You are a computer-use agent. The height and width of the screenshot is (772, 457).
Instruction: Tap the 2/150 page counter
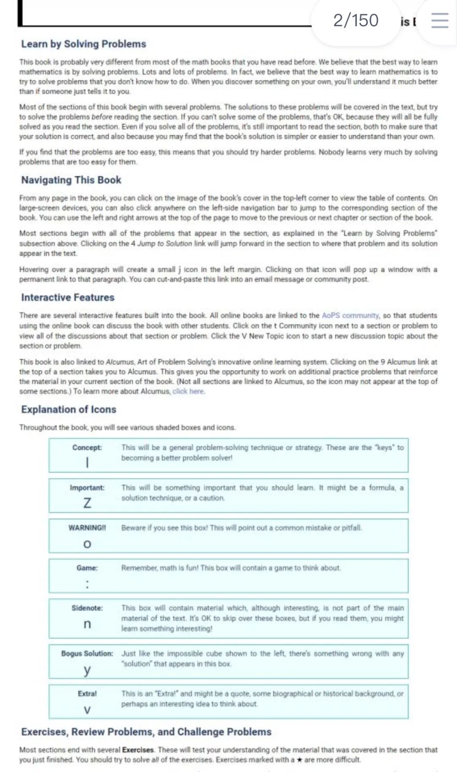click(355, 20)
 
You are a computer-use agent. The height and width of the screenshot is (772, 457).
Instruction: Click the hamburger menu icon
click(440, 20)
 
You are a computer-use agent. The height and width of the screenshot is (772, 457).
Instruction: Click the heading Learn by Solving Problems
click(83, 44)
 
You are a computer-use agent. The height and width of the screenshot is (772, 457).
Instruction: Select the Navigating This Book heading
click(71, 180)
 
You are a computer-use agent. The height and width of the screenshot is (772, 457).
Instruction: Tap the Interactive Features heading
click(68, 297)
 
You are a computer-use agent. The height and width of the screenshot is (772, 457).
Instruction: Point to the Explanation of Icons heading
click(69, 409)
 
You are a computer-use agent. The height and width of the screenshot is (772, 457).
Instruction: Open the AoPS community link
click(350, 316)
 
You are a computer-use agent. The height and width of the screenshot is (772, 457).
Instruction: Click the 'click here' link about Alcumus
click(188, 391)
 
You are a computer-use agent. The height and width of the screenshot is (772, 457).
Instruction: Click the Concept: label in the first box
click(87, 448)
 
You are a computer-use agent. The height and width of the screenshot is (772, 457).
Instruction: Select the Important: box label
click(87, 488)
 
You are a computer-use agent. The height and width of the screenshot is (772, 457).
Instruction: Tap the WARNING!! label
click(87, 528)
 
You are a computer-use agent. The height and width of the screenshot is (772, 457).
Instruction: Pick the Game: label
click(87, 568)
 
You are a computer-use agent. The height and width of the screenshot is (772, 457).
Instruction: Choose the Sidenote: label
click(87, 608)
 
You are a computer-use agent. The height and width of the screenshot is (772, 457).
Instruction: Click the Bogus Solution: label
click(87, 654)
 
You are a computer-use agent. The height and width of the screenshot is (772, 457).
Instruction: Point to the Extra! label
click(87, 694)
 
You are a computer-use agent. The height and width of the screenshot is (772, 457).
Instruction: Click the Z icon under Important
click(87, 503)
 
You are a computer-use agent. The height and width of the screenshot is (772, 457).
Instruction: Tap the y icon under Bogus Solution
click(87, 670)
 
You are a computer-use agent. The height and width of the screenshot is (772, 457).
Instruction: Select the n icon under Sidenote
click(87, 624)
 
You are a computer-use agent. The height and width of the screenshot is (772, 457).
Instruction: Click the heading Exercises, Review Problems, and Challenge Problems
click(146, 732)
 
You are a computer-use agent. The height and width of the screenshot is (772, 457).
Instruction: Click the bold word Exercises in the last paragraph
click(138, 750)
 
